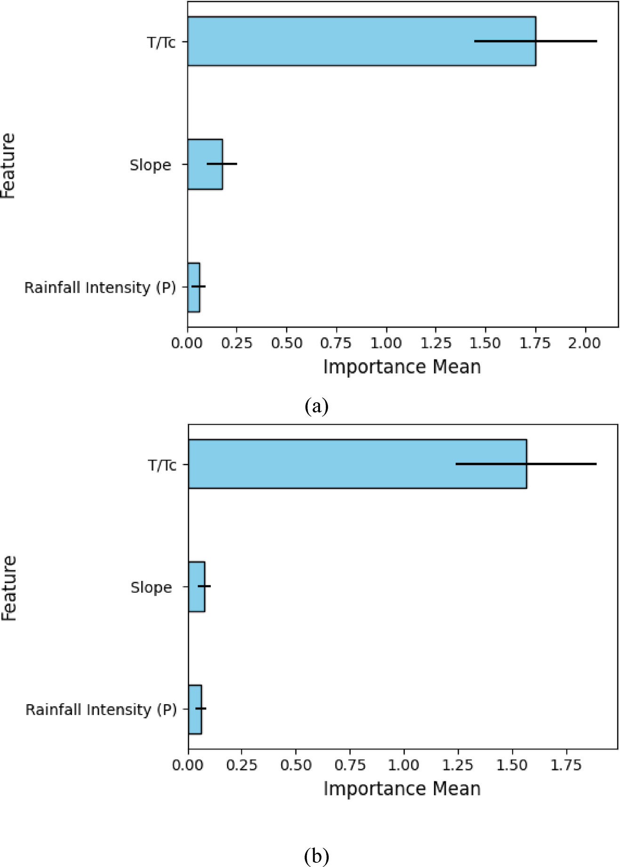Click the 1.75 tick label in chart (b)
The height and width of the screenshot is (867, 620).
point(566,765)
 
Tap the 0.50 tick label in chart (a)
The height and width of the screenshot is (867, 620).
point(287,343)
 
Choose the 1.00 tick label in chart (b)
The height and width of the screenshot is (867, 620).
point(404,765)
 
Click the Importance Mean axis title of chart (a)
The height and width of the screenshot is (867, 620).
point(402,367)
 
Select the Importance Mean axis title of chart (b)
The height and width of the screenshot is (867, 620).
point(402,789)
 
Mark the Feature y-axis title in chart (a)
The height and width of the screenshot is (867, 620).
point(8,166)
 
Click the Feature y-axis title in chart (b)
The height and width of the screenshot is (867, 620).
point(9,588)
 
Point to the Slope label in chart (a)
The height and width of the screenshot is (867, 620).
point(150,165)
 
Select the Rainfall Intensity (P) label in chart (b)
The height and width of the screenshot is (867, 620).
point(101,709)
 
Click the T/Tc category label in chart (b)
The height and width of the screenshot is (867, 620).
point(162,465)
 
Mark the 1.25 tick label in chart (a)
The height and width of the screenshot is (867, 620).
point(436,343)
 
